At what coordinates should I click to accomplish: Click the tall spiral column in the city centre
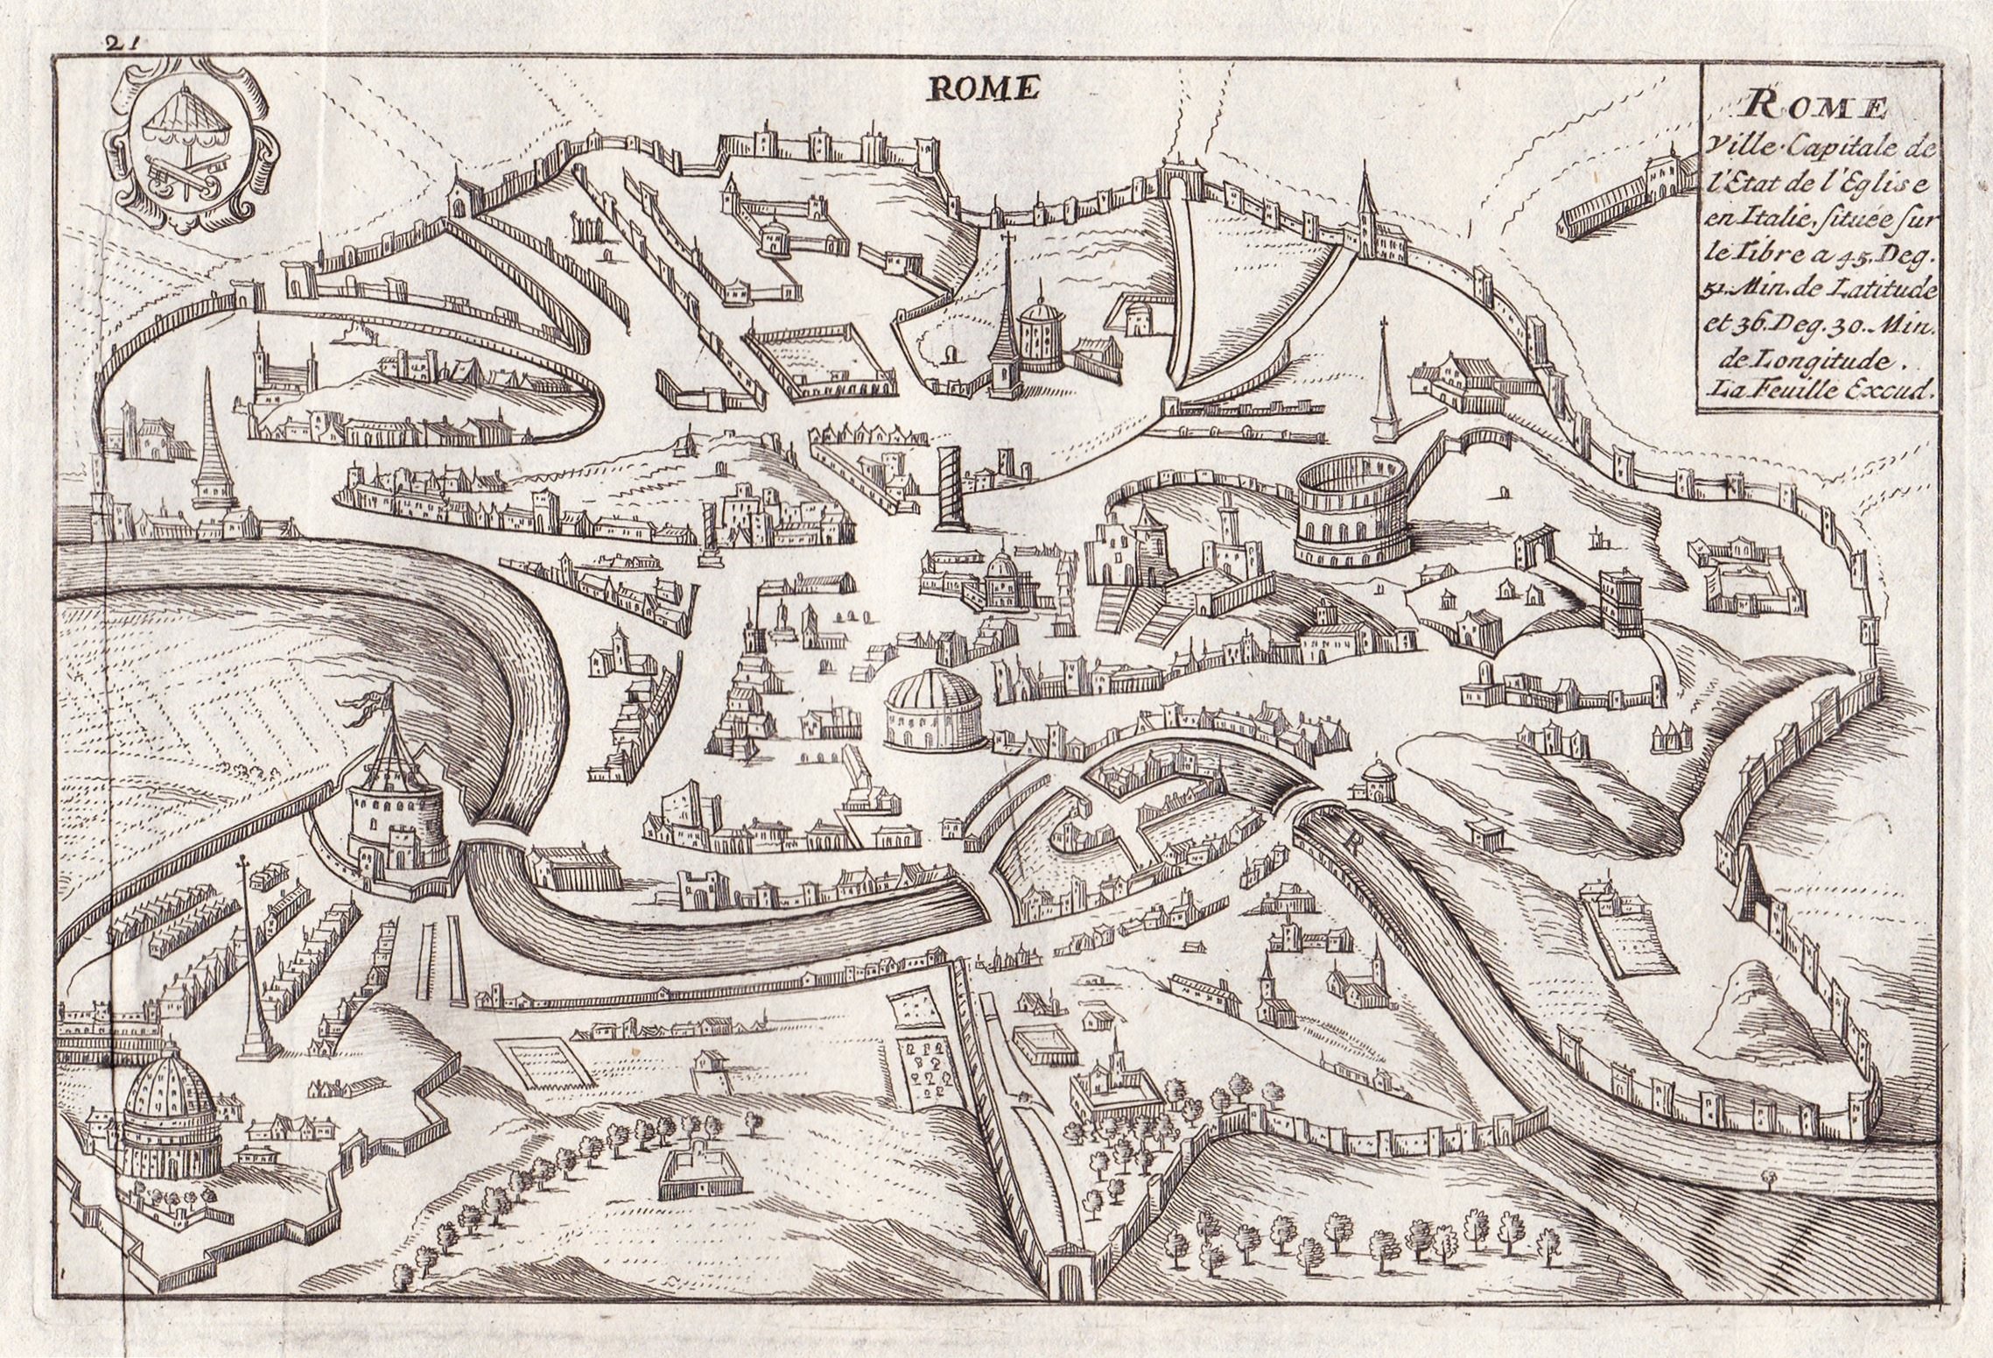pyautogui.click(x=947, y=486)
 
